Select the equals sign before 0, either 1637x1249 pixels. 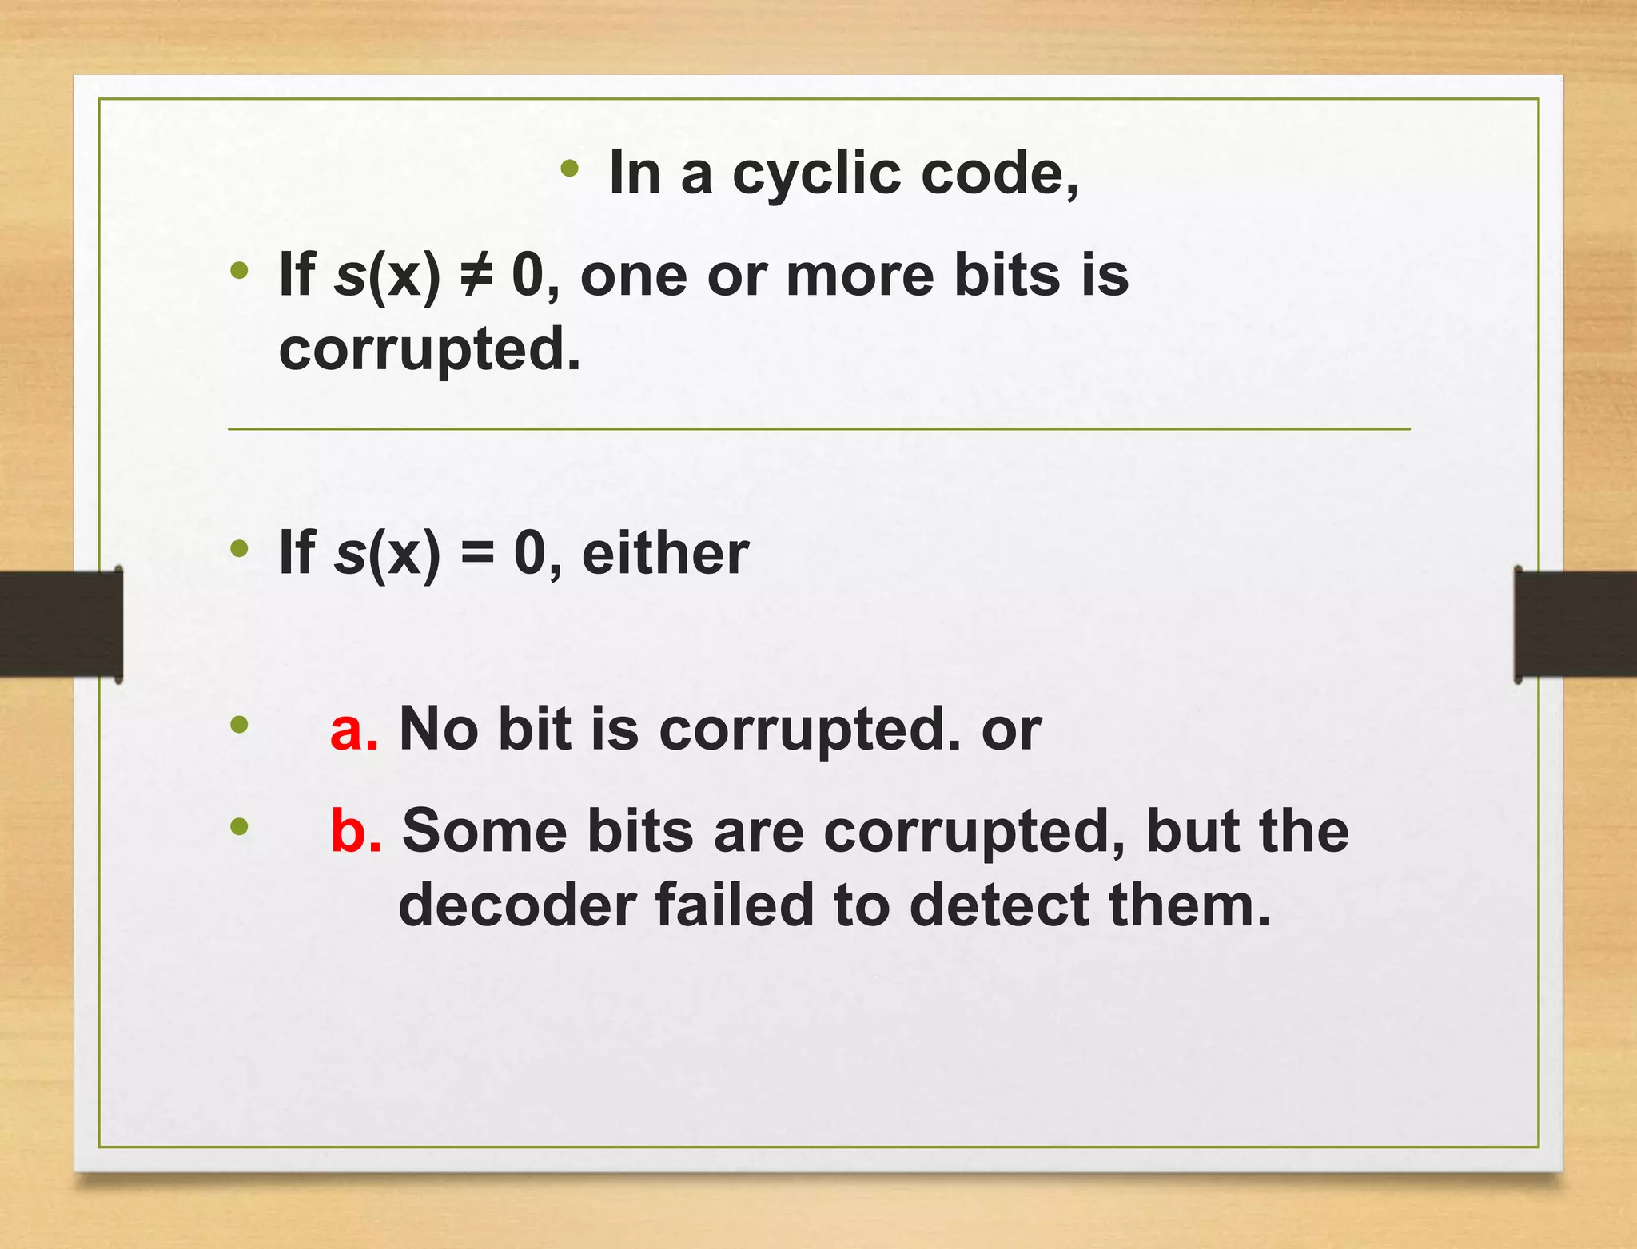477,552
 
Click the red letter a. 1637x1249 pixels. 352,730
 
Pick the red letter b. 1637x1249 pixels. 354,831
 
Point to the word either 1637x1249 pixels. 665,552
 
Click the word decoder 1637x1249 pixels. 516,905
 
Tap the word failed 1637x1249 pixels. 734,905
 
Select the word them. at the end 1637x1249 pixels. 1189,905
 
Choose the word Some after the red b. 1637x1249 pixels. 484,831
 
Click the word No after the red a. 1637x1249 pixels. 438,730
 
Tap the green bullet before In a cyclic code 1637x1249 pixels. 569,168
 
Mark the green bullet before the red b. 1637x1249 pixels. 239,826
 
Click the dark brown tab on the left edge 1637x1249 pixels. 61,624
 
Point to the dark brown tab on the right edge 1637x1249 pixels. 1575,624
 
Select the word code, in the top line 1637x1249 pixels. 1000,173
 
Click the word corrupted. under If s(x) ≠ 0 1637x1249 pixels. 429,350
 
